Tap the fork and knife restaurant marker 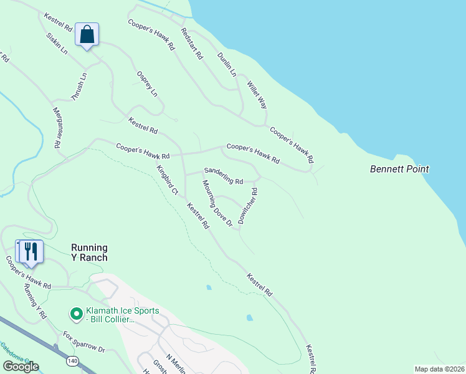pyautogui.click(x=31, y=251)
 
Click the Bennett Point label pyautogui.click(x=399, y=169)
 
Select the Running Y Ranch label pyautogui.click(x=89, y=252)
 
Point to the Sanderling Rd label pyautogui.click(x=224, y=176)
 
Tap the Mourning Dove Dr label pyautogui.click(x=217, y=203)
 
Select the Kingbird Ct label pyautogui.click(x=167, y=179)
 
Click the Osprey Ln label pyautogui.click(x=147, y=84)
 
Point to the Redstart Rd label pyautogui.click(x=192, y=43)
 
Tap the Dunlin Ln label pyautogui.click(x=227, y=64)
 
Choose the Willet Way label pyautogui.click(x=257, y=94)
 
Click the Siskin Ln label pyautogui.click(x=57, y=43)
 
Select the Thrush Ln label pyautogui.click(x=78, y=89)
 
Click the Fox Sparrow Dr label pyautogui.click(x=84, y=342)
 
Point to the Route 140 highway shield pyautogui.click(x=72, y=360)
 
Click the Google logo pyautogui.click(x=21, y=367)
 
